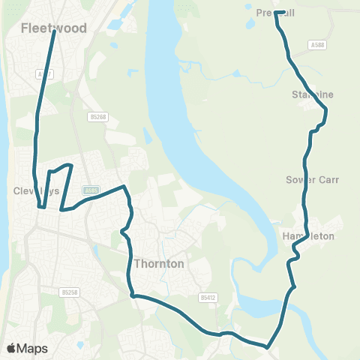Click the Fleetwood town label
coord(54,28)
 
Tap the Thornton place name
coord(159,264)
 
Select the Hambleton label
coord(308,236)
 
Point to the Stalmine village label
coord(312,95)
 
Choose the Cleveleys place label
coord(35,191)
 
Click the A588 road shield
coord(317,46)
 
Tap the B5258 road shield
coord(70,292)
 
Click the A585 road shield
coord(91,190)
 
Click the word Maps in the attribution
coord(32,348)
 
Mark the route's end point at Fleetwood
coord(54,31)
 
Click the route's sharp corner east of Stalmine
coord(326,110)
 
